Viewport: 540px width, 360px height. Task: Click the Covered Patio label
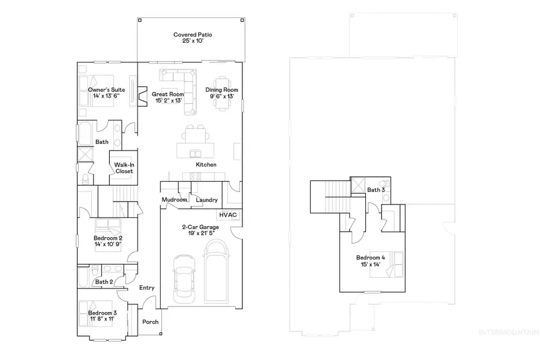tap(192, 35)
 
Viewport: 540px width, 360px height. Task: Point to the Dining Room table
tap(221, 93)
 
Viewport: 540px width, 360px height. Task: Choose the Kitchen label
tap(206, 164)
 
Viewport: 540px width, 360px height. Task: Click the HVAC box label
tap(228, 214)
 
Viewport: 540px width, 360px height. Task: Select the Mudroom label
tap(175, 200)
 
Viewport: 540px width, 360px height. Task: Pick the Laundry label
tap(206, 200)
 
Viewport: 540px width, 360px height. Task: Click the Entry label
tap(146, 287)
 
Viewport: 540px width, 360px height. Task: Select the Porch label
tap(150, 322)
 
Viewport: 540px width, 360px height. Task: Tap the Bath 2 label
tap(104, 281)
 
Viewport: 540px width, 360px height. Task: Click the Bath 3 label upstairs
tap(376, 190)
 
